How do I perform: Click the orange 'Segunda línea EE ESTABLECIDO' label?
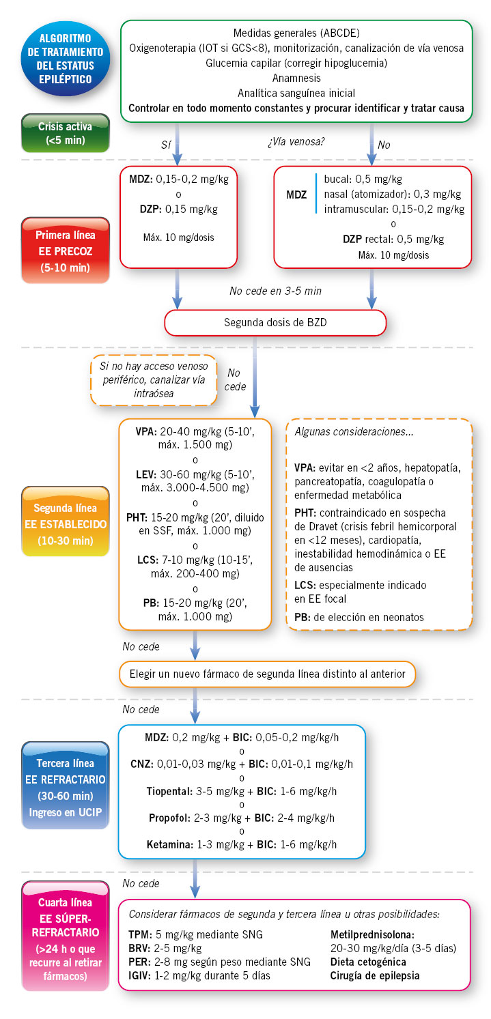[x=66, y=521]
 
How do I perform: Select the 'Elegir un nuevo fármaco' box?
[x=267, y=674]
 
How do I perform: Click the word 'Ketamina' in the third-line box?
[x=168, y=844]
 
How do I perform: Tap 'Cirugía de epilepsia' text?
[x=375, y=975]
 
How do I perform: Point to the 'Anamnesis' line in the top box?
[x=296, y=78]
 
